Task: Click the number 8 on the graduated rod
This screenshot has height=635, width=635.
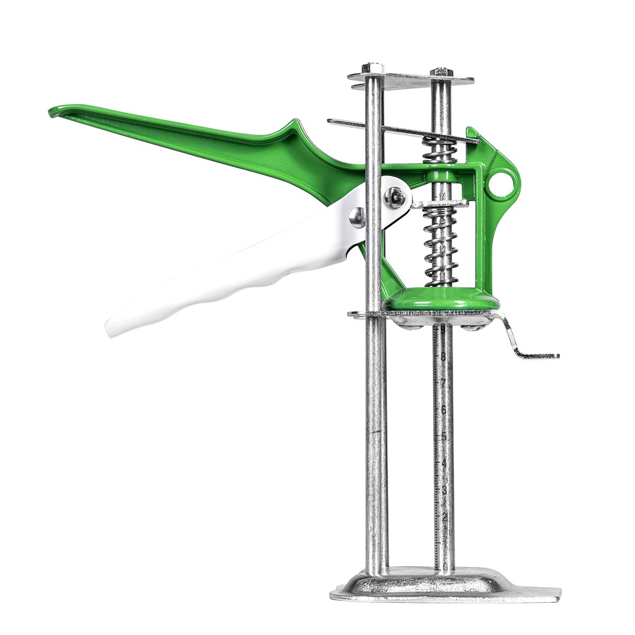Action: [443, 356]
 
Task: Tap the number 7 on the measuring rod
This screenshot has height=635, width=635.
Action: [443, 383]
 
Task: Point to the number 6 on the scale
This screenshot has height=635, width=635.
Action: [443, 410]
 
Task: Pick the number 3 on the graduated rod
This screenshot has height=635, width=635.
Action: [444, 490]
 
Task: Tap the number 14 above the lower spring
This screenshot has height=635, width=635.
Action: [442, 197]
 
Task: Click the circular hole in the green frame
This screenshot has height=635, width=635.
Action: [501, 184]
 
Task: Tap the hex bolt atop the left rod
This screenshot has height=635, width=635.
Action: [373, 68]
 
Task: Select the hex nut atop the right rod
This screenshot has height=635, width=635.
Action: [441, 72]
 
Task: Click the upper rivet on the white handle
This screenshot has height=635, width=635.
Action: [394, 197]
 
